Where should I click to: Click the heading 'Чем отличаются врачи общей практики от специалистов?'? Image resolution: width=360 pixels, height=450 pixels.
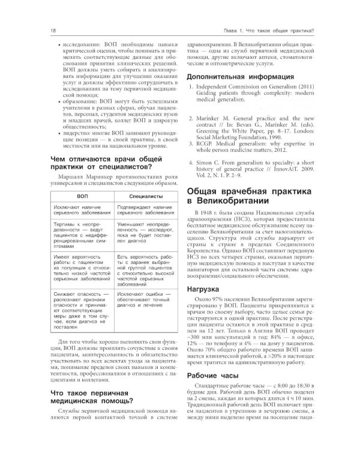98,164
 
